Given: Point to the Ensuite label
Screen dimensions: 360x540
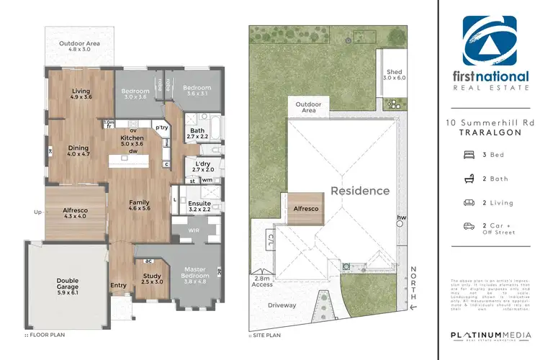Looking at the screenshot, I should coord(199,204).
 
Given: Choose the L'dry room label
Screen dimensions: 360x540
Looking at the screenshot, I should coord(202,163).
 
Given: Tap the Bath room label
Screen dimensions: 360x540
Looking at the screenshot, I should coord(197,130).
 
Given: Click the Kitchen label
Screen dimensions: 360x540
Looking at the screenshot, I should coord(132,138).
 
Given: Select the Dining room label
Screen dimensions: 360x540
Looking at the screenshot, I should coord(77,146).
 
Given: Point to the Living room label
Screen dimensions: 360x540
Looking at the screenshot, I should coord(81,91).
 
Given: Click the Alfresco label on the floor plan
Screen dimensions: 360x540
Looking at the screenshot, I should coord(75,208).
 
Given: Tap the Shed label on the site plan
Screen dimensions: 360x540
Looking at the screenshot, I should coord(393,72).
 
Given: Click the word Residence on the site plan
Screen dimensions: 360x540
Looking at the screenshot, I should coord(360,191).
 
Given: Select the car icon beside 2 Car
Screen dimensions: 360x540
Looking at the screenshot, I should coord(469,225).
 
